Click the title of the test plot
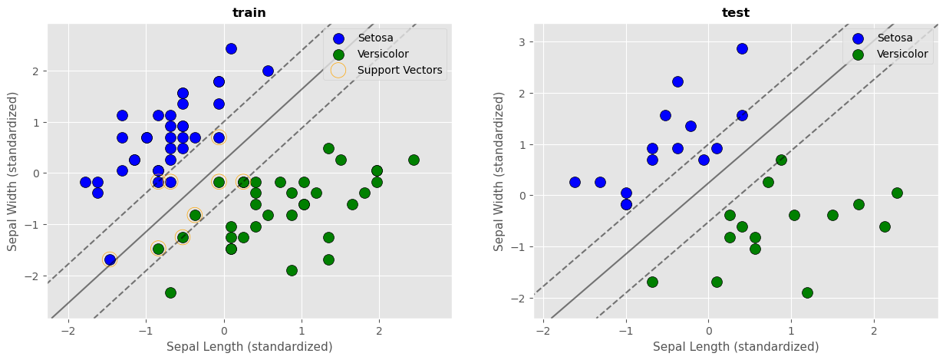pos(736,12)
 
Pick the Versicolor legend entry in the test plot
pos(902,54)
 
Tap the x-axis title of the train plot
pos(249,346)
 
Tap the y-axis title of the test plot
pos(500,170)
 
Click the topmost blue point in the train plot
pos(231,48)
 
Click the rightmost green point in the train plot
pos(414,160)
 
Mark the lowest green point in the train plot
pos(170,292)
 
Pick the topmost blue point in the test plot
pos(742,48)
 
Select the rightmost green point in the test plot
pos(897,193)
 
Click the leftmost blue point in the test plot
pos(575,182)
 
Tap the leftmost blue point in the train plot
pos(85,182)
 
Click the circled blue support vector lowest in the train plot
pos(110,259)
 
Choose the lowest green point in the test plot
pos(807,292)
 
